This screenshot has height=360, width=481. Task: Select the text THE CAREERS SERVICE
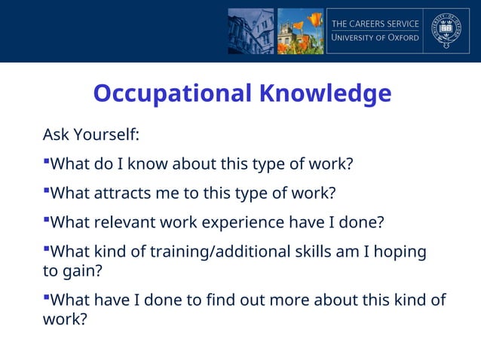(375, 23)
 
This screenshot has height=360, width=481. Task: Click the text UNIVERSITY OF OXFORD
(375, 38)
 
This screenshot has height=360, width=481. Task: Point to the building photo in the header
(251, 31)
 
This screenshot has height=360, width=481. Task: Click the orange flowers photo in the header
(300, 31)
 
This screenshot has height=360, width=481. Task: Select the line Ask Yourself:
(90, 136)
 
